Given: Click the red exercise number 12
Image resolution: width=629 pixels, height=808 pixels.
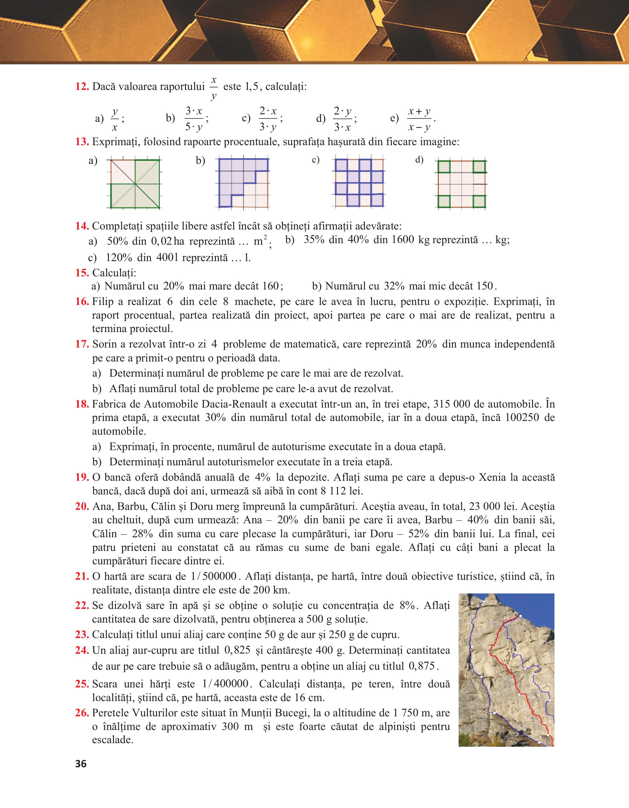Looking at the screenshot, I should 82,87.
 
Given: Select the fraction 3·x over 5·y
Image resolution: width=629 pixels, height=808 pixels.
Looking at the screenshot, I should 194,119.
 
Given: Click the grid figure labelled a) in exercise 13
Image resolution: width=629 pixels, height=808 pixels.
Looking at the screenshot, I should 135,183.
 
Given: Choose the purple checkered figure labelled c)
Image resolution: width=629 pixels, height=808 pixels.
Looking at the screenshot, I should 359,183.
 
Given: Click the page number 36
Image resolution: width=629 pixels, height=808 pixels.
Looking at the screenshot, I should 81,764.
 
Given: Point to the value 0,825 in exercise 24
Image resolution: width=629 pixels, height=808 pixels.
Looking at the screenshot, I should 237,650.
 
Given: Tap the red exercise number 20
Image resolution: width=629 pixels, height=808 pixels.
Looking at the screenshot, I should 82,506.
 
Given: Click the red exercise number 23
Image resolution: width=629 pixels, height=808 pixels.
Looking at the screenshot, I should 82,634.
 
